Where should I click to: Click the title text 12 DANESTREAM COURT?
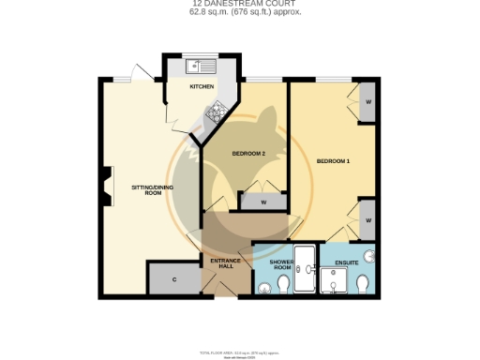(x=240, y=4)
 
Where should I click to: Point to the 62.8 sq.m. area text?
(x=240, y=13)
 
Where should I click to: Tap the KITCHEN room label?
(x=202, y=86)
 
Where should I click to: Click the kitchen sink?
(x=201, y=66)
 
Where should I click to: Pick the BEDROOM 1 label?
(x=333, y=161)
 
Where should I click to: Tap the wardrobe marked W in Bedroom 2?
(x=263, y=202)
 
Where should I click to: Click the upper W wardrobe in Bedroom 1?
(x=368, y=101)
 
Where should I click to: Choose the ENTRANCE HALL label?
(x=226, y=263)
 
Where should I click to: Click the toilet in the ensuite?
(x=364, y=284)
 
